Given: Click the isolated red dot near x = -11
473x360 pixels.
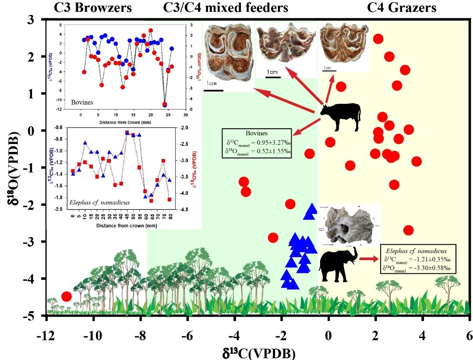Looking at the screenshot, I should (67, 296).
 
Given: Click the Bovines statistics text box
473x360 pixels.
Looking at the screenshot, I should (256, 142).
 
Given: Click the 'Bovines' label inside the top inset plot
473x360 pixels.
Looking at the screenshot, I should (82, 102).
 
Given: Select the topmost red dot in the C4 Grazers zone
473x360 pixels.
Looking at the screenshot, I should (378, 39).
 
